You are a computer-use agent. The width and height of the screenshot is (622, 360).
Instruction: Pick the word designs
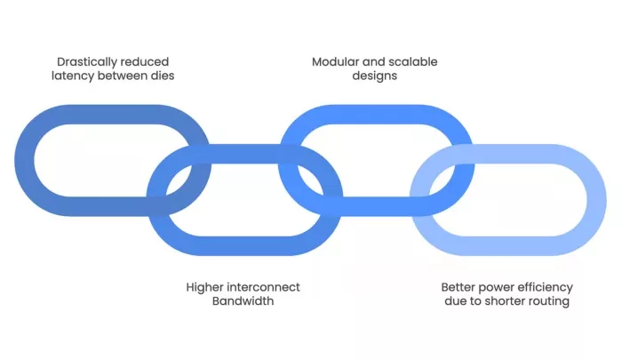374,76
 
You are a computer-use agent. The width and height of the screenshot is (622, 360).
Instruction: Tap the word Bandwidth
243,300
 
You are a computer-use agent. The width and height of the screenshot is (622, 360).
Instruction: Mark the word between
123,76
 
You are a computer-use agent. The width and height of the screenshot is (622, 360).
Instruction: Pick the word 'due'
455,300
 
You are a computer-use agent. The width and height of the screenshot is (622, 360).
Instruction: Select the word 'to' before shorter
475,301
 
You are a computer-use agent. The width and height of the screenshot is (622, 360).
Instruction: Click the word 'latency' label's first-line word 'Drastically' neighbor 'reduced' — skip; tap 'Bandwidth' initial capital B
216,300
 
